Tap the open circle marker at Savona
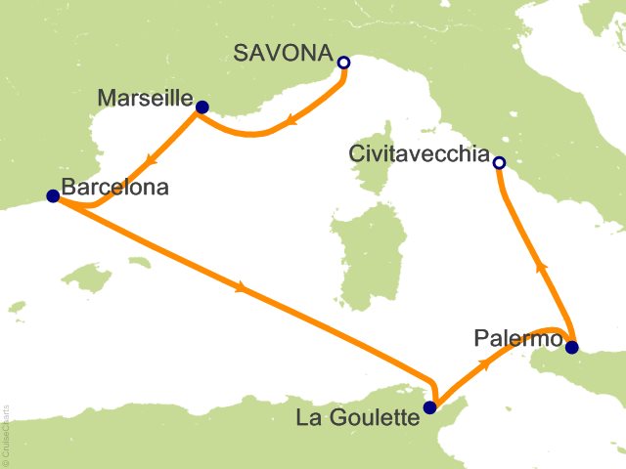343,64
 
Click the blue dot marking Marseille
201,107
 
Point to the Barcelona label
114,187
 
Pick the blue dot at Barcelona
53,196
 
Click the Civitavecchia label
417,153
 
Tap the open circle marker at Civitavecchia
499,163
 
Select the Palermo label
518,339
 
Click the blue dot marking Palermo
571,347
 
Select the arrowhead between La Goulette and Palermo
485,361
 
